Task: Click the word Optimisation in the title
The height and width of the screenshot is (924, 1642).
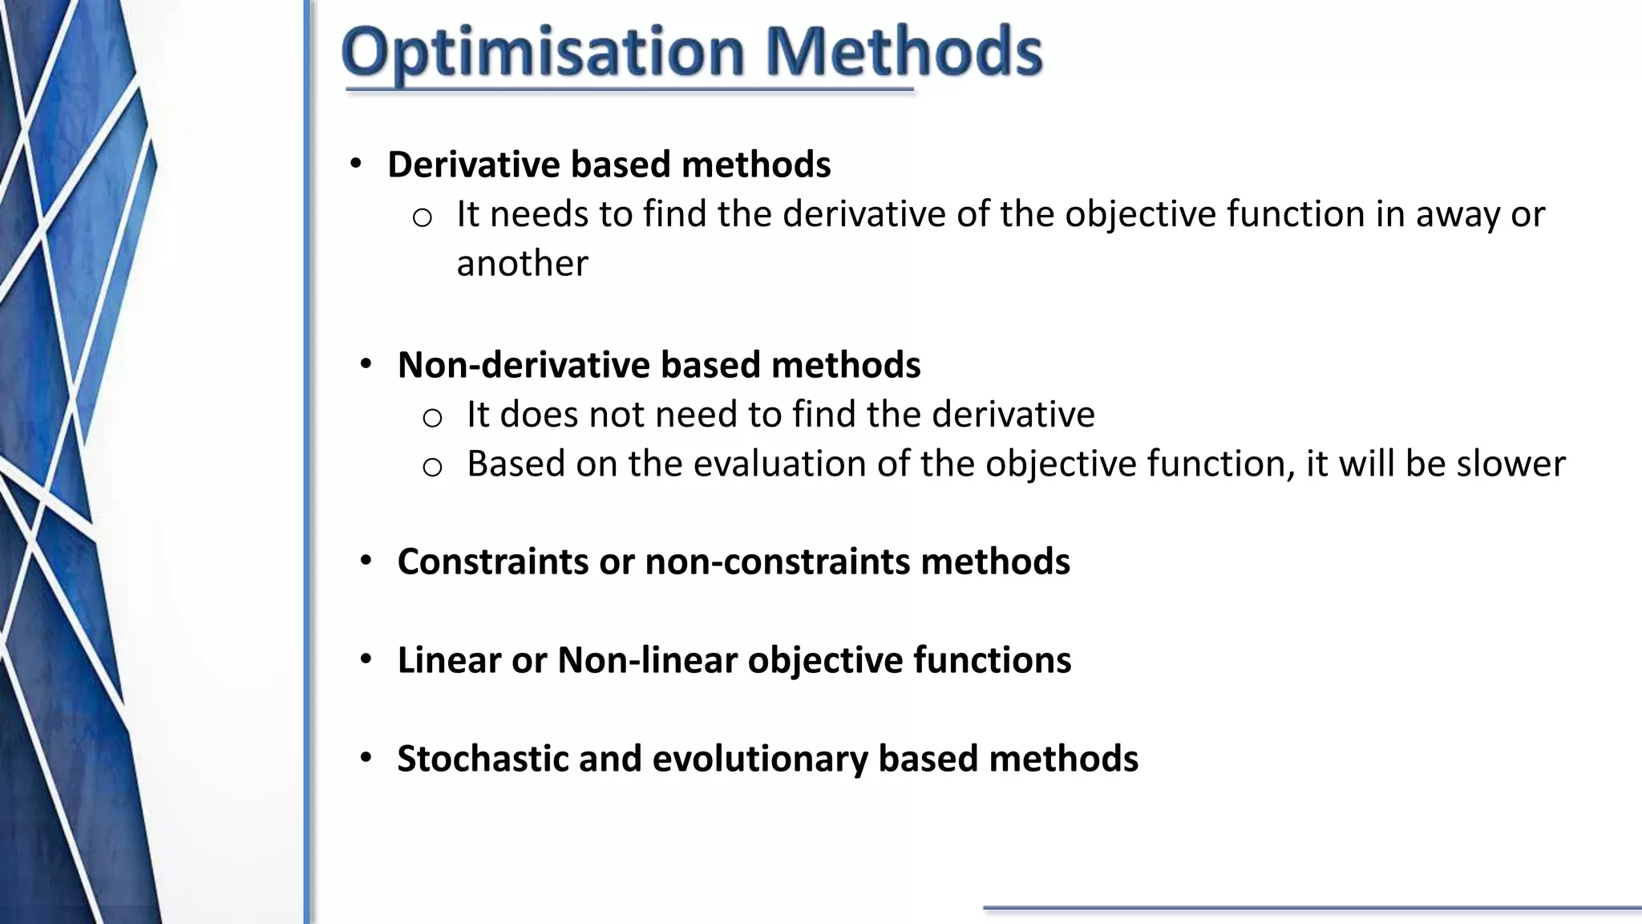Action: click(543, 53)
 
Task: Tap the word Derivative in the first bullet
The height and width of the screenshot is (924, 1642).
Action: click(473, 164)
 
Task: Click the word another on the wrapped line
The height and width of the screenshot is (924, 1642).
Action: click(522, 264)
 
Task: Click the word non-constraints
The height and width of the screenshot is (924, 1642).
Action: click(777, 561)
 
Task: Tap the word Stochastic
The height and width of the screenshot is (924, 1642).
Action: click(483, 759)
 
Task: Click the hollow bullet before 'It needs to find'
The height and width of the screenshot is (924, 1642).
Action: click(423, 217)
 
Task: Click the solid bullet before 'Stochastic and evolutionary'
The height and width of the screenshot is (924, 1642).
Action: click(366, 757)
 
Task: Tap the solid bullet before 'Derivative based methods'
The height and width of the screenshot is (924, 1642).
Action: click(356, 164)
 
